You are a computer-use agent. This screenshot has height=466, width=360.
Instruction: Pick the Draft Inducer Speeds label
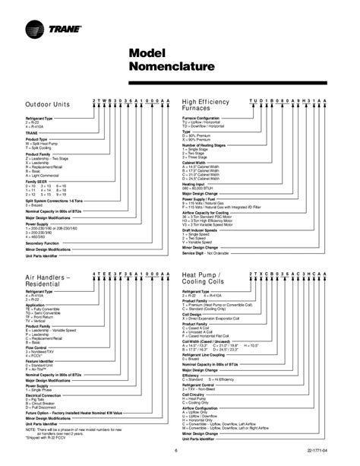coord(205,229)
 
